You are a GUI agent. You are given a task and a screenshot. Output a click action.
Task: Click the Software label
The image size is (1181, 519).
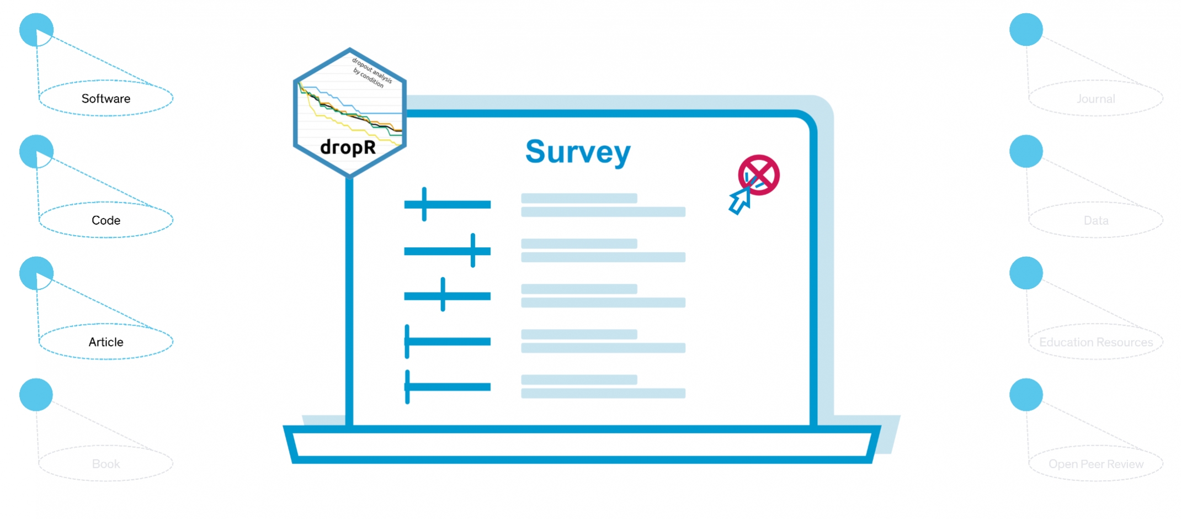[x=106, y=99]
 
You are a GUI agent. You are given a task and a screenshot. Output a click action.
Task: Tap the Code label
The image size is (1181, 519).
[x=106, y=220]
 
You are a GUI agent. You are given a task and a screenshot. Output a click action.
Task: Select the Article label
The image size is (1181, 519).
[x=106, y=342]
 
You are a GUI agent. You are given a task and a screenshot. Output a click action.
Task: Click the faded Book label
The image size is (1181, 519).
[x=106, y=464]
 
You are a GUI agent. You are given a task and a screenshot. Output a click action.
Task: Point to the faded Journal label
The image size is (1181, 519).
[x=1095, y=99]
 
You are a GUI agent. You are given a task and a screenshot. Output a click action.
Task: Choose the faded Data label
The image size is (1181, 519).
[x=1095, y=220]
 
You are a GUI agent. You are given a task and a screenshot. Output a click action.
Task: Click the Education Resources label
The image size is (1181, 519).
[x=1095, y=342]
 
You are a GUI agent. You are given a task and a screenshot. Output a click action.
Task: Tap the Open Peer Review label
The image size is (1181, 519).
[x=1095, y=464]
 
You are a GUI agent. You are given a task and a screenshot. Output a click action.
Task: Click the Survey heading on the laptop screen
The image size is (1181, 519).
[x=578, y=152]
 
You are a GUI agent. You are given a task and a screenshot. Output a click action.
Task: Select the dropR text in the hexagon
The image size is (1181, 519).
[x=348, y=147]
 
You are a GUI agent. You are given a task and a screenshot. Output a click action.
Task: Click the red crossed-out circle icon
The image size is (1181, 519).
[x=759, y=174]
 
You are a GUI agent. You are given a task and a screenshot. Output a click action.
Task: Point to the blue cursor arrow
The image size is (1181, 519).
[x=739, y=202]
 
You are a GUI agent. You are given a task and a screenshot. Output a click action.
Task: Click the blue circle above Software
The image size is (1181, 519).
[x=36, y=30]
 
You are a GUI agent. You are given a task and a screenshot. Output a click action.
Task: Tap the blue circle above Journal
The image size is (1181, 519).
[x=1026, y=30]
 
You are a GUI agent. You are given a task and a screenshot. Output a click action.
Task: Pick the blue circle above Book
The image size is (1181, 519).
[x=36, y=395]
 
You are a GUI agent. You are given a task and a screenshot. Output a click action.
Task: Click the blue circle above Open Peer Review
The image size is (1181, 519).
[x=1026, y=395]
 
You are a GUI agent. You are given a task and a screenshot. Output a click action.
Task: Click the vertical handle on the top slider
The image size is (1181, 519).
[x=424, y=204]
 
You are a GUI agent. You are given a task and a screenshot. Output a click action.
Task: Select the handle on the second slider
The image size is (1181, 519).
[x=473, y=251]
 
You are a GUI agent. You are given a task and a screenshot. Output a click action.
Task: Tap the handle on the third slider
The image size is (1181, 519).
[x=443, y=295]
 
